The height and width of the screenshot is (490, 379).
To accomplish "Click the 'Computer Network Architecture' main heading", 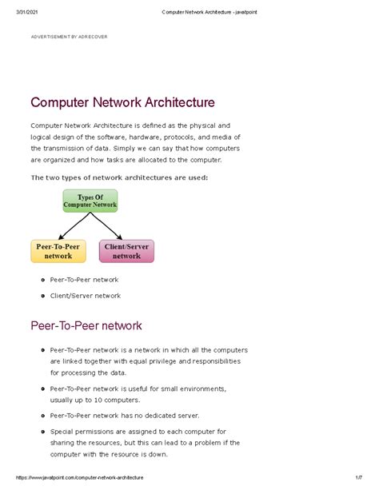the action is [x=122, y=102].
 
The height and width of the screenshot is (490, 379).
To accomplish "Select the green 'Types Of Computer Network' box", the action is [x=90, y=201].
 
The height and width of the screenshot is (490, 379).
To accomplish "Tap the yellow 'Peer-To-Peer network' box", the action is [x=58, y=251].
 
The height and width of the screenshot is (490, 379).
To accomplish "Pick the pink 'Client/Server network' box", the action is [x=126, y=251].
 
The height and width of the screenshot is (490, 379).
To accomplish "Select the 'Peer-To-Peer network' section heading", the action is [x=86, y=325].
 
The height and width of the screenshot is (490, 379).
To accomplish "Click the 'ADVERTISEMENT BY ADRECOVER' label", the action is [x=69, y=37].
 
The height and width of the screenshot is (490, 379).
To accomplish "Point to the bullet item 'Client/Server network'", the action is [x=86, y=296].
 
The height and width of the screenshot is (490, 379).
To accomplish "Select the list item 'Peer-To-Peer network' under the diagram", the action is [x=84, y=280].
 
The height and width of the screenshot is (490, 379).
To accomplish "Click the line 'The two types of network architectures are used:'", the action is [x=118, y=177].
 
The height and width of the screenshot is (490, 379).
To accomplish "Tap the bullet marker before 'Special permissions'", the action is [x=42, y=431].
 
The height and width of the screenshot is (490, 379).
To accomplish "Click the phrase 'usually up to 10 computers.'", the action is [x=95, y=400].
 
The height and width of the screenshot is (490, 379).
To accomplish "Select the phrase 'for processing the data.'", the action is [x=88, y=372].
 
